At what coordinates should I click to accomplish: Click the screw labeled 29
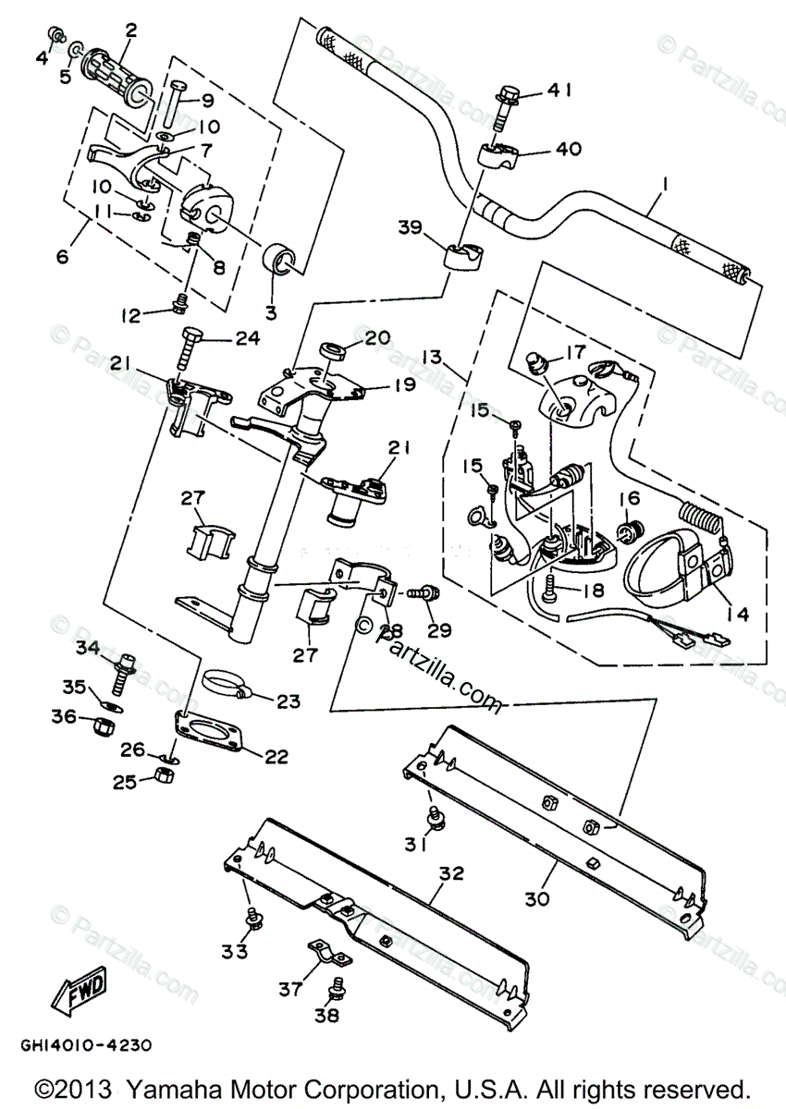pos(423,592)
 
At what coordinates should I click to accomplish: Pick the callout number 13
pos(432,357)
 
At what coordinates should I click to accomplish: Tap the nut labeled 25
pos(165,774)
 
